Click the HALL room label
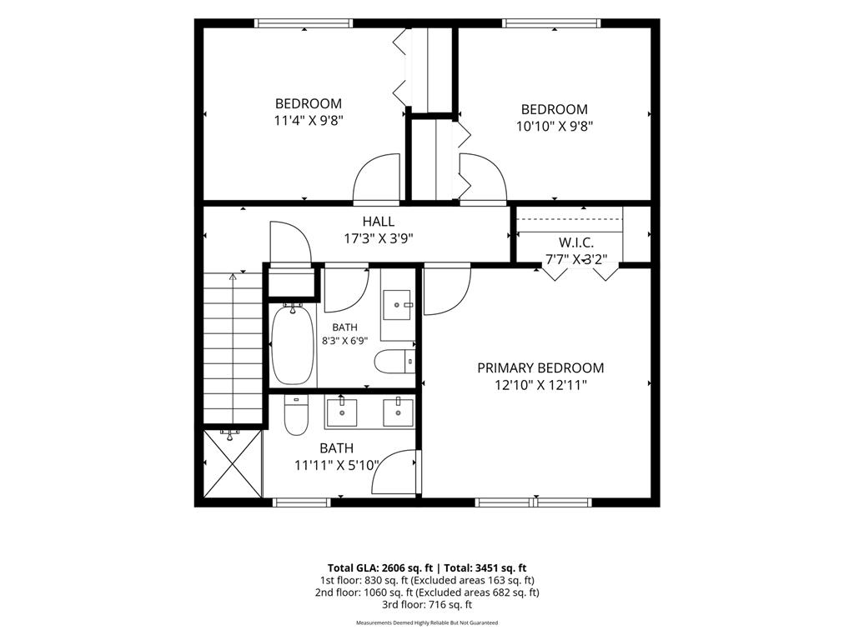coord(379,222)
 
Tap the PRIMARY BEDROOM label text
coord(540,367)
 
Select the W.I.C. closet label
coord(576,242)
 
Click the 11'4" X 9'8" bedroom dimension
coord(309,120)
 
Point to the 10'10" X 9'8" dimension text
coord(555,127)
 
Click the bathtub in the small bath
coord(293,344)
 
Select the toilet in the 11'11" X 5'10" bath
coord(296,415)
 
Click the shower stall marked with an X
coord(233,462)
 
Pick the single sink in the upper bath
coord(398,305)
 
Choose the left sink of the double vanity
coord(341,413)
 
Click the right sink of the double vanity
coord(399,413)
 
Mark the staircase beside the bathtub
coord(234,348)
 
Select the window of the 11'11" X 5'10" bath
coord(301,502)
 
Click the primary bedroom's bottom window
coord(534,502)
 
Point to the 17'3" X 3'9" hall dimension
coord(379,238)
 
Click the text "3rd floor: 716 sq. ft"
coord(427,605)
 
